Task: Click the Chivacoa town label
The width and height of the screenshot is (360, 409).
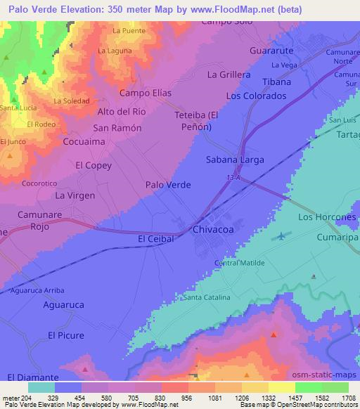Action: [x=213, y=229]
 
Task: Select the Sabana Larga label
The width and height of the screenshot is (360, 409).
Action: [x=235, y=160]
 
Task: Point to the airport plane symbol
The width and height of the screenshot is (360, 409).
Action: [x=283, y=235]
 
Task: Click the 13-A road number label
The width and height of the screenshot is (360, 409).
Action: [x=234, y=178]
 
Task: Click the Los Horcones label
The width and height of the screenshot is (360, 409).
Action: [x=327, y=217]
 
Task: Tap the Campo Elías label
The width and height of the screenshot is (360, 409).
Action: [x=146, y=93]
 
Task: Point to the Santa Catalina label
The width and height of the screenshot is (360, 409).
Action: [x=207, y=298]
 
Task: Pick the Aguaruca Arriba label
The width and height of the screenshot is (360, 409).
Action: [x=38, y=290]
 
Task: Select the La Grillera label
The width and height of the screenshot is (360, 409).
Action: [x=229, y=74]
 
